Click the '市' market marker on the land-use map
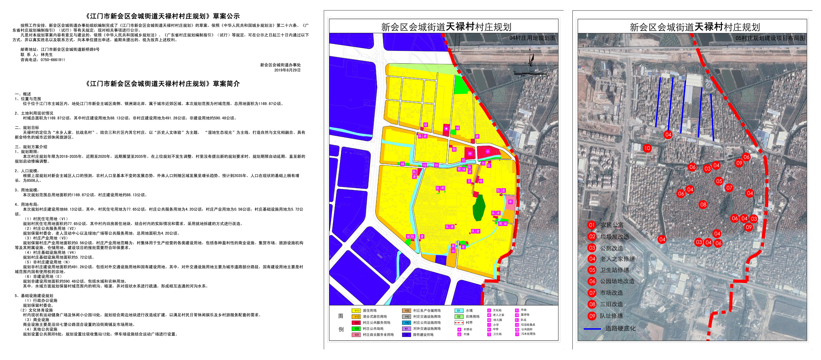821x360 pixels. click(510, 202)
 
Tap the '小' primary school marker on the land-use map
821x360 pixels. click(488, 151)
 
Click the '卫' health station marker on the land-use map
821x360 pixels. click(469, 181)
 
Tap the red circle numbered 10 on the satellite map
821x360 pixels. click(647, 148)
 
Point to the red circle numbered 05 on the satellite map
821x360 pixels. click(719, 181)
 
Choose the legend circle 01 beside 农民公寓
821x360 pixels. click(592, 225)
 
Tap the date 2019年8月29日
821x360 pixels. click(287, 70)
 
